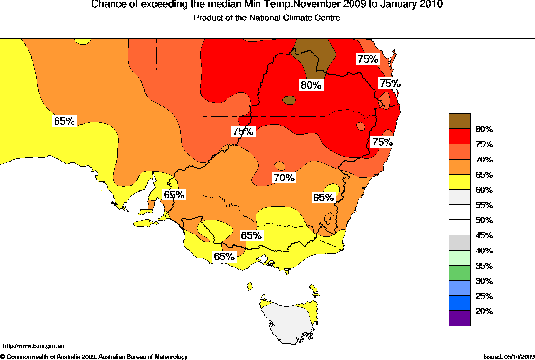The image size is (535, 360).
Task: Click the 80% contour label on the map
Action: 311,85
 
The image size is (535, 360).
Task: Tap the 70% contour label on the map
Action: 284,178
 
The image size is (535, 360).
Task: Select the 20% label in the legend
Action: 484,311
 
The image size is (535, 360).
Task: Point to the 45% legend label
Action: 484,235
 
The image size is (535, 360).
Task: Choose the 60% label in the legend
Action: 484,190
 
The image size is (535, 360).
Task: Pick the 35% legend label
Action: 484,266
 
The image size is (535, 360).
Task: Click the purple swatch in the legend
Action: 460,318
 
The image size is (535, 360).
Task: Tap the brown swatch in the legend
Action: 460,121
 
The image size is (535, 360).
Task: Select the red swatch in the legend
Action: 460,136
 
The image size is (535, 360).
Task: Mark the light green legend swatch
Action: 460,257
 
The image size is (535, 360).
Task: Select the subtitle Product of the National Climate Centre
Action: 267,18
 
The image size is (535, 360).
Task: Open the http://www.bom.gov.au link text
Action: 34,346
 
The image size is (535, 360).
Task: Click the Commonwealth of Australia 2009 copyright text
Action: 49,357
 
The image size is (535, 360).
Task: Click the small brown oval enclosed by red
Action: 289,100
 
